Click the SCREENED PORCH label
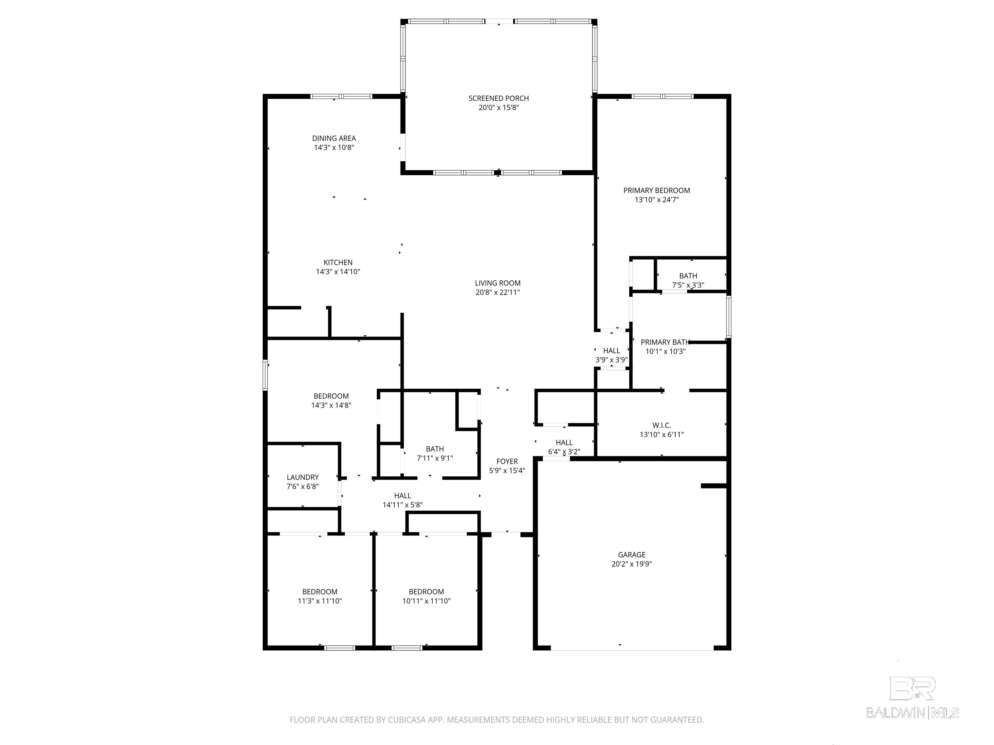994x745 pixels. [x=498, y=98]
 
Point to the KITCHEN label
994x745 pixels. [x=338, y=262]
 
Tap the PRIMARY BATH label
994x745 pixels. [x=665, y=342]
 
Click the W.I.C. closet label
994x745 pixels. [x=661, y=425]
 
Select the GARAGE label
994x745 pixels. [x=631, y=555]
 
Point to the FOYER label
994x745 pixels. [x=507, y=461]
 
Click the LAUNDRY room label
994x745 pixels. [x=303, y=477]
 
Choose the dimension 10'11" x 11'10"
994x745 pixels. [x=426, y=601]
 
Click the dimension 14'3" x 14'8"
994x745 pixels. [x=331, y=405]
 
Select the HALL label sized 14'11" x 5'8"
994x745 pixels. [x=402, y=496]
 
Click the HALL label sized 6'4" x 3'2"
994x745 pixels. [x=564, y=442]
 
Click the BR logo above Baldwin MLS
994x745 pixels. [x=913, y=688]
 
